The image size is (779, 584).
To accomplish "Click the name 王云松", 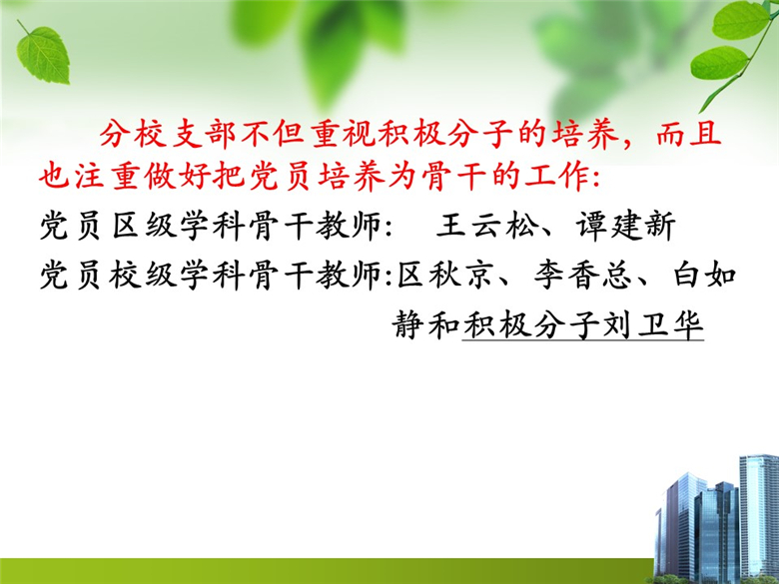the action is click(x=487, y=226).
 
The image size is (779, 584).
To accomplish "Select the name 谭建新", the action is click(x=625, y=226).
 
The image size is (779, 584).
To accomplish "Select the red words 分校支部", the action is click(x=168, y=134).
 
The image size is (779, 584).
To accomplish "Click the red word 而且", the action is click(x=688, y=134).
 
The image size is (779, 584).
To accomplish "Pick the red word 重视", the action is click(x=343, y=134).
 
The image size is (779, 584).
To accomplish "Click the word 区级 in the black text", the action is click(x=144, y=226).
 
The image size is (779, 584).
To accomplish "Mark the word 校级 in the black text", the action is click(x=143, y=275).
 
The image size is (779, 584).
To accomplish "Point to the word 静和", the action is click(x=425, y=325).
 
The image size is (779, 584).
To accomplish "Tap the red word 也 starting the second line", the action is click(x=54, y=177).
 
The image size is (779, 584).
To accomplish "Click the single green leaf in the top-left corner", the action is click(x=43, y=56).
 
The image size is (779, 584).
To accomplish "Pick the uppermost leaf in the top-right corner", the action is click(x=740, y=20).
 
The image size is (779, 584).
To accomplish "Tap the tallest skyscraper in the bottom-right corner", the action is click(x=759, y=516).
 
